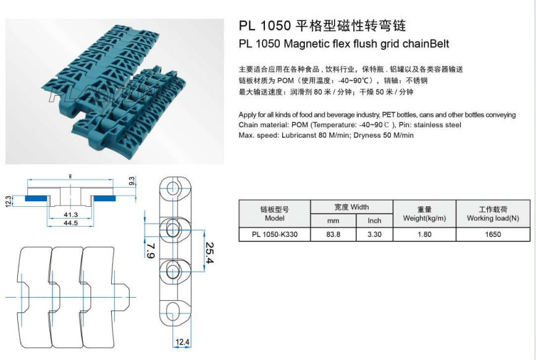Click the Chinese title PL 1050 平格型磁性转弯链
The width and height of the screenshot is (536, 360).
click(x=322, y=26)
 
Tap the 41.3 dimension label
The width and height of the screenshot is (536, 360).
click(x=70, y=214)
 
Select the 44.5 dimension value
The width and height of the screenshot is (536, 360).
click(x=70, y=223)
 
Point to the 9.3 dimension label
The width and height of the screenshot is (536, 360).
click(x=131, y=182)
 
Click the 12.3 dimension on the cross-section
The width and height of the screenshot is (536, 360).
click(x=9, y=201)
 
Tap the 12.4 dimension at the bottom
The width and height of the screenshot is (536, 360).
click(x=182, y=341)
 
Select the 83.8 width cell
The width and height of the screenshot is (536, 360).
click(x=333, y=235)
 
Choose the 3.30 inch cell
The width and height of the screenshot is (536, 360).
click(x=374, y=235)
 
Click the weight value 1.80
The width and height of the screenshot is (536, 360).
click(x=424, y=235)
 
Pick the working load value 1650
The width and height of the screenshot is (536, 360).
click(x=493, y=235)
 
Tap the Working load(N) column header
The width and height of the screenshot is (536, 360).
click(x=493, y=218)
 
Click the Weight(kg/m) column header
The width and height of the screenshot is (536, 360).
click(x=424, y=218)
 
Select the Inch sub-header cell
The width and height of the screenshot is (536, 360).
click(x=374, y=220)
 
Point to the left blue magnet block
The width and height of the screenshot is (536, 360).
click(x=35, y=198)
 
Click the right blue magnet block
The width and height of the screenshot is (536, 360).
click(x=107, y=198)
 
